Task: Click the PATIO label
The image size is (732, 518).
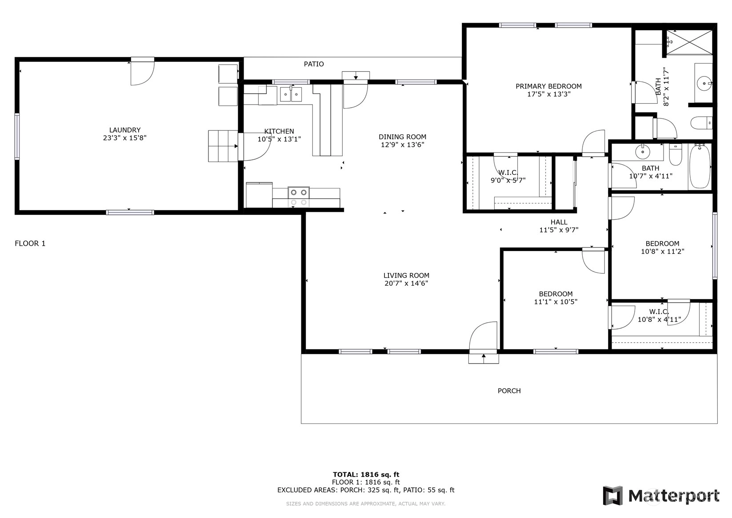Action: pyautogui.click(x=314, y=64)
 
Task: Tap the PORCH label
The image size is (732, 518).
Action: pyautogui.click(x=509, y=391)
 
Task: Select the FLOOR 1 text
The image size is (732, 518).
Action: pyautogui.click(x=30, y=243)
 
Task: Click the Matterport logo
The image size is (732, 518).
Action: pyautogui.click(x=661, y=496)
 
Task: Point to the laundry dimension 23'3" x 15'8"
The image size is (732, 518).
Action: pyautogui.click(x=124, y=138)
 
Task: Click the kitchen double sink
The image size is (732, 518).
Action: pyautogui.click(x=291, y=94)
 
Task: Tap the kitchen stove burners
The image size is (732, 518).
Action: pyautogui.click(x=299, y=197)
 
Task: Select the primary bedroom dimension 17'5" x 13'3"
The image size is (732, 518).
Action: pyautogui.click(x=549, y=94)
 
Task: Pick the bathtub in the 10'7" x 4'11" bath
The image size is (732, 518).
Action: pyautogui.click(x=699, y=166)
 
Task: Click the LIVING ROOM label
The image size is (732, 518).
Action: pyautogui.click(x=406, y=275)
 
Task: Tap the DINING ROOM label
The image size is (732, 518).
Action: pyautogui.click(x=402, y=137)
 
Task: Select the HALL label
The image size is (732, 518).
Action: pyautogui.click(x=559, y=222)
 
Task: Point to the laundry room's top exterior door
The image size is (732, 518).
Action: pyautogui.click(x=143, y=72)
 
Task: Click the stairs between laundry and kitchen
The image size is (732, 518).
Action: pyautogui.click(x=223, y=146)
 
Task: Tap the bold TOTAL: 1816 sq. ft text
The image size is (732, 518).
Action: pyautogui.click(x=366, y=474)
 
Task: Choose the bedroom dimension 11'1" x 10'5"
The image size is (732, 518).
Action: pyautogui.click(x=556, y=302)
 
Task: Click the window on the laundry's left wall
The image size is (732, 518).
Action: pyautogui.click(x=17, y=137)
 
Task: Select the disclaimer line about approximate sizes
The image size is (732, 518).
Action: pyautogui.click(x=366, y=504)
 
